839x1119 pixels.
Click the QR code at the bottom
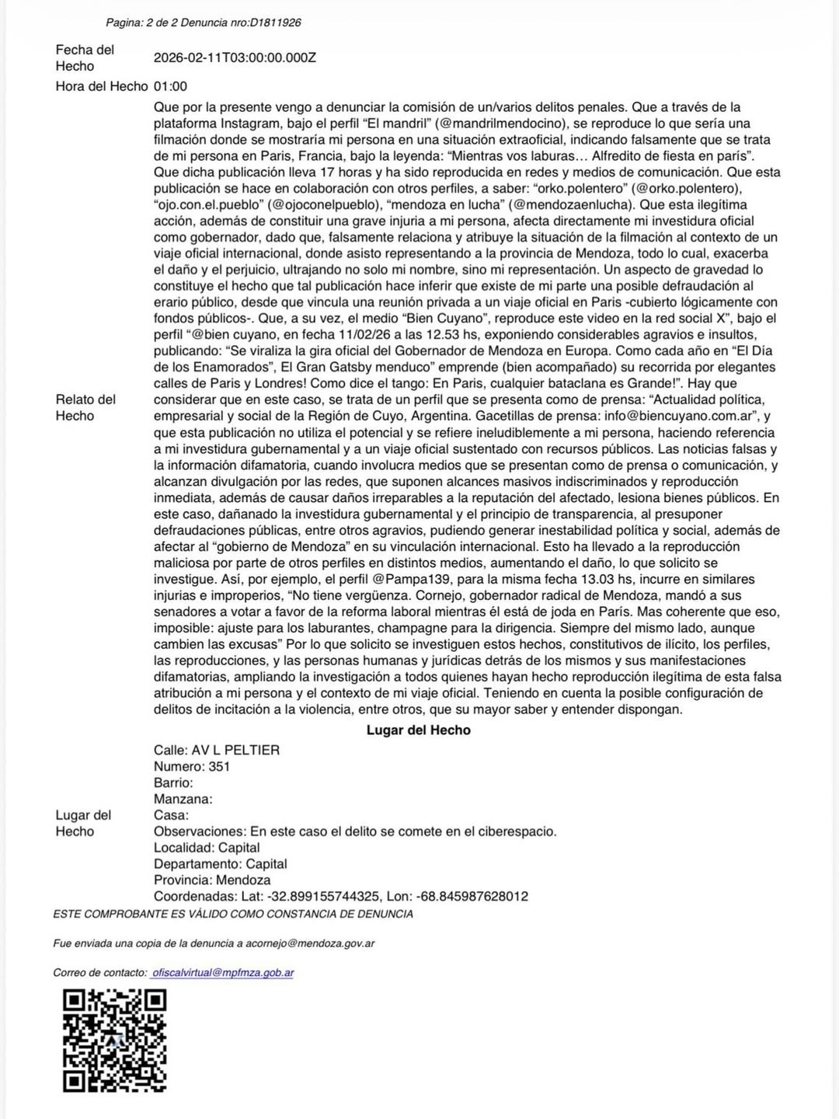tap(114, 1040)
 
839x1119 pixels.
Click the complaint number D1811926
tap(275, 23)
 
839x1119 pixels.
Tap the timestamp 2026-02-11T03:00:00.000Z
tap(235, 58)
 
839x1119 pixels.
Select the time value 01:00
tap(170, 86)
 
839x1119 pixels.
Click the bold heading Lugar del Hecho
tap(418, 730)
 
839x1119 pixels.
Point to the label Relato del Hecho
tap(85, 407)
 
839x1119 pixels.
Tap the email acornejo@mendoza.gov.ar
tap(310, 943)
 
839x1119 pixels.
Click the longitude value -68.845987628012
tap(472, 896)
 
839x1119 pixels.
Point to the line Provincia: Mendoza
tap(212, 880)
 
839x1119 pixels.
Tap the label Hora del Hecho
tap(101, 86)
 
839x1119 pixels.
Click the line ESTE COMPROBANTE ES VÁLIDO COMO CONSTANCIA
tap(233, 914)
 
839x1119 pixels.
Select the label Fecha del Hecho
tap(85, 58)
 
